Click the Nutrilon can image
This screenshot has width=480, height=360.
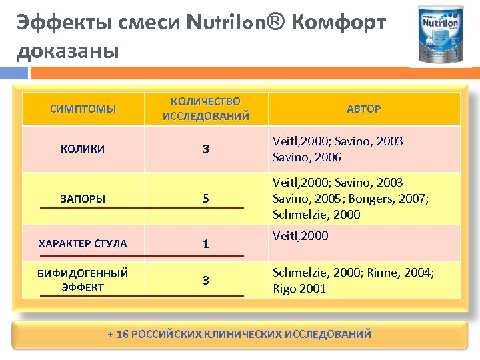click(x=441, y=34)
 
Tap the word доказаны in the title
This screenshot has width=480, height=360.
click(x=67, y=51)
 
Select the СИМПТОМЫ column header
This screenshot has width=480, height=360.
click(x=83, y=109)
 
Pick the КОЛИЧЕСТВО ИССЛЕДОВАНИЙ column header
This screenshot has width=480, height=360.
click(x=205, y=109)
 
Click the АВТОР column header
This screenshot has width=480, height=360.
click(x=363, y=109)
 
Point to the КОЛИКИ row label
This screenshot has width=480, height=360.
click(x=83, y=149)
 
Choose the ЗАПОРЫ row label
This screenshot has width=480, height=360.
click(x=83, y=199)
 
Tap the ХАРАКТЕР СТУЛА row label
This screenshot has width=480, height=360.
click(x=83, y=243)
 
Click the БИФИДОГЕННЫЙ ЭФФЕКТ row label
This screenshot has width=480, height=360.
click(x=83, y=280)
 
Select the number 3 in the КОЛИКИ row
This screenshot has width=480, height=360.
click(x=206, y=149)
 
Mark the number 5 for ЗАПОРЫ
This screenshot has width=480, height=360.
click(x=206, y=199)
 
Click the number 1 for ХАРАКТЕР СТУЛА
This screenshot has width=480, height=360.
click(x=206, y=244)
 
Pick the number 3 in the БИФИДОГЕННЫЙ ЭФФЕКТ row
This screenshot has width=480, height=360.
click(x=206, y=281)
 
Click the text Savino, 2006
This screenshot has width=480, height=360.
click(x=307, y=157)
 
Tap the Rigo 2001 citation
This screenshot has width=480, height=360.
click(x=299, y=289)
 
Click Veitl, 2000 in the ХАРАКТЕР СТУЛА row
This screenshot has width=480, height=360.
click(x=301, y=235)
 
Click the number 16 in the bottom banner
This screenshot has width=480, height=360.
click(x=122, y=334)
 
